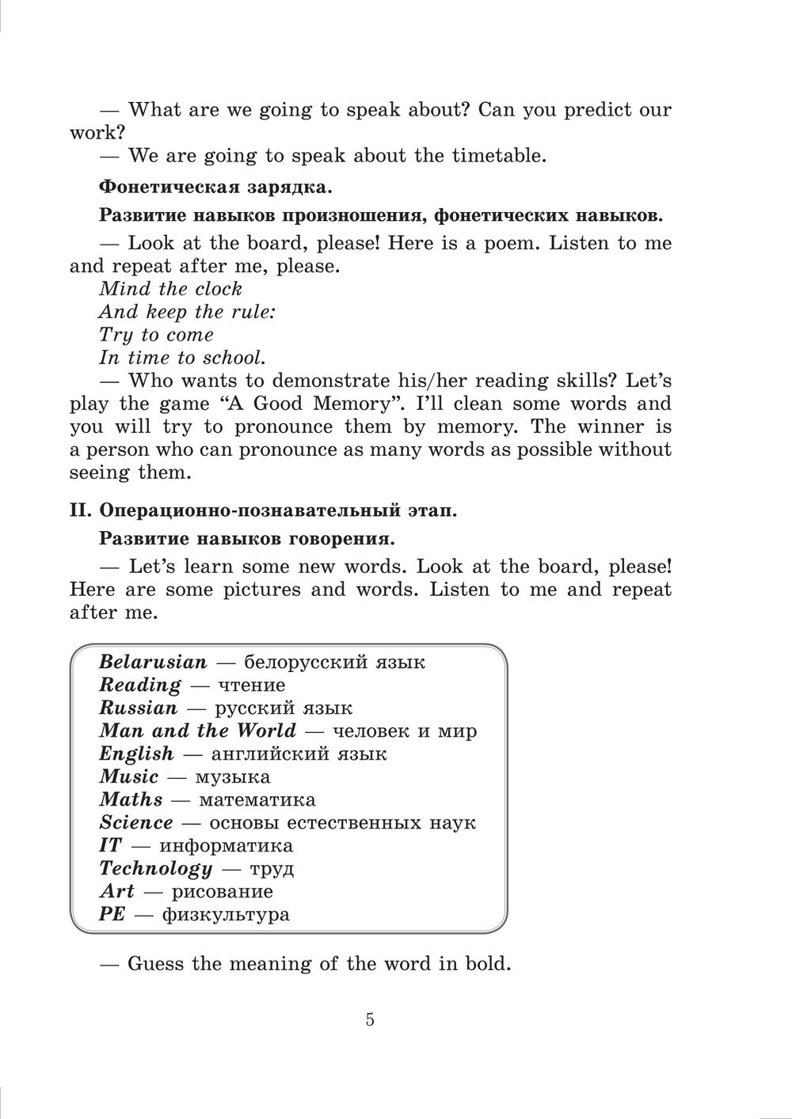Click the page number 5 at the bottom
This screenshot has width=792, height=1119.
370,1019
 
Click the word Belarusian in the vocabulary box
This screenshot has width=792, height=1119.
153,662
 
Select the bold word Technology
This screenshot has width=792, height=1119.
156,868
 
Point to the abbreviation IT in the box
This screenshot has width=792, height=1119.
110,845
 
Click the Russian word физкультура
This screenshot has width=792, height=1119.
226,915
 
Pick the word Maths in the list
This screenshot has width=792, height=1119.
131,799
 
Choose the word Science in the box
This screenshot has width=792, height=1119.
136,822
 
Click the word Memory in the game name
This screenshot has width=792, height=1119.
347,404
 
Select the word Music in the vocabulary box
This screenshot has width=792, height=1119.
129,776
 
